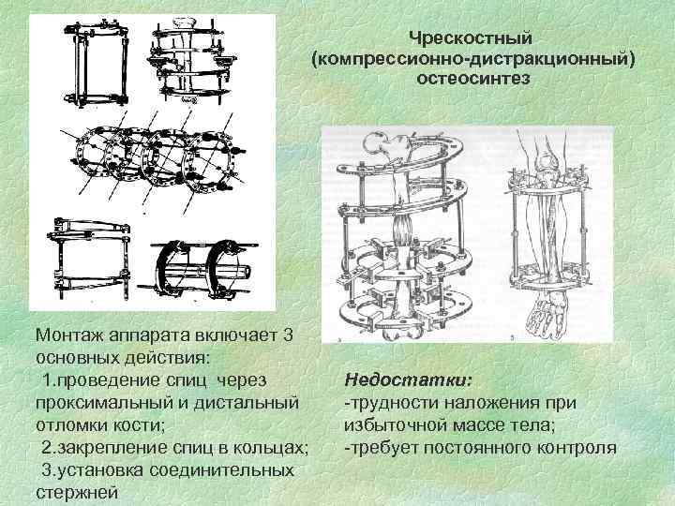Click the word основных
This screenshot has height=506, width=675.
[x=84, y=357]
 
